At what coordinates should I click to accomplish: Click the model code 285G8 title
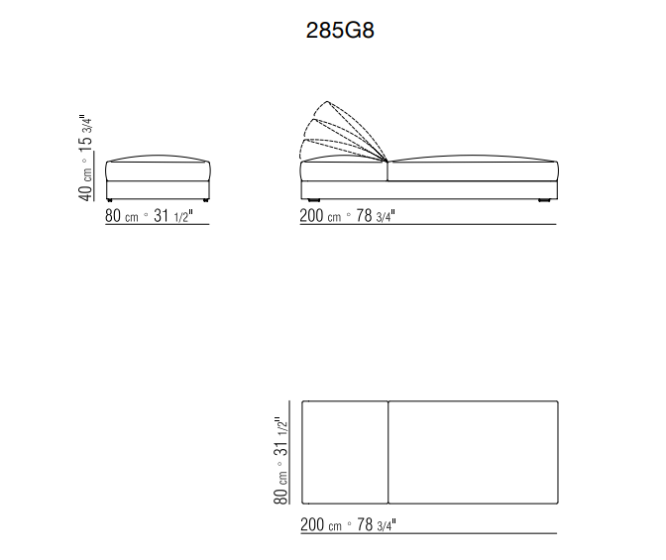coord(340,30)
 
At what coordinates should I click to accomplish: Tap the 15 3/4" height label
coord(85,131)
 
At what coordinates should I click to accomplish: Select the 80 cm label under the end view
coord(122,216)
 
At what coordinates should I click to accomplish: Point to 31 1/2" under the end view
coord(173,216)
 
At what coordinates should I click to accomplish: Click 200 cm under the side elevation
coord(320,216)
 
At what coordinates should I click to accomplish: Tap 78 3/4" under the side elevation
coord(376,216)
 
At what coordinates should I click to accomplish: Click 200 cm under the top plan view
coord(321,524)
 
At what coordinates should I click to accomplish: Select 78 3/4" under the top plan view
coord(377,524)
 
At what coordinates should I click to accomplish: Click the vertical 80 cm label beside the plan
coord(280,488)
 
